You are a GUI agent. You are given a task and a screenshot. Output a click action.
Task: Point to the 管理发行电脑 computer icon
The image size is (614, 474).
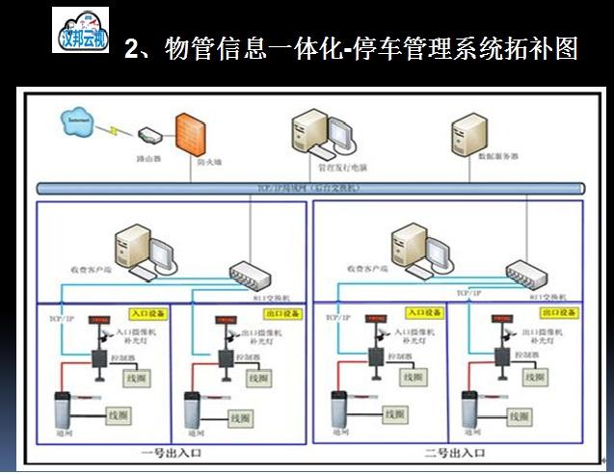click(315, 138)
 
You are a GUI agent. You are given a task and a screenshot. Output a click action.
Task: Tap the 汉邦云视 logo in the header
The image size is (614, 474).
click(80, 30)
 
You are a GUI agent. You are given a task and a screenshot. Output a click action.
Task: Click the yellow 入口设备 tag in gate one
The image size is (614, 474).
click(149, 315)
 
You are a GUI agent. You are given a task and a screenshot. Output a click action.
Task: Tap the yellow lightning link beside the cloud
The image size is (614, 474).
click(115, 128)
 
